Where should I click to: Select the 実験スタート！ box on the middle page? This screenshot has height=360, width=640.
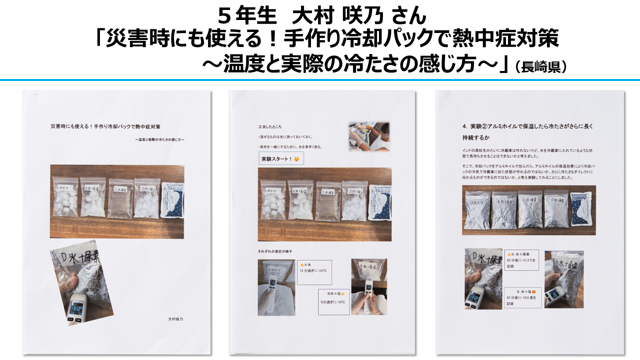[280, 159]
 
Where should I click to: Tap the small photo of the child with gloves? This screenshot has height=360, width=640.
[369, 136]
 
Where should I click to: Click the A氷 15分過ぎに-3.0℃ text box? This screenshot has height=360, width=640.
[314, 271]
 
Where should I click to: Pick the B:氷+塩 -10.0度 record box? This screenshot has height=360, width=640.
[521, 296]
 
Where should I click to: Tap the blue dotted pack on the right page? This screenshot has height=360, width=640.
[582, 209]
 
